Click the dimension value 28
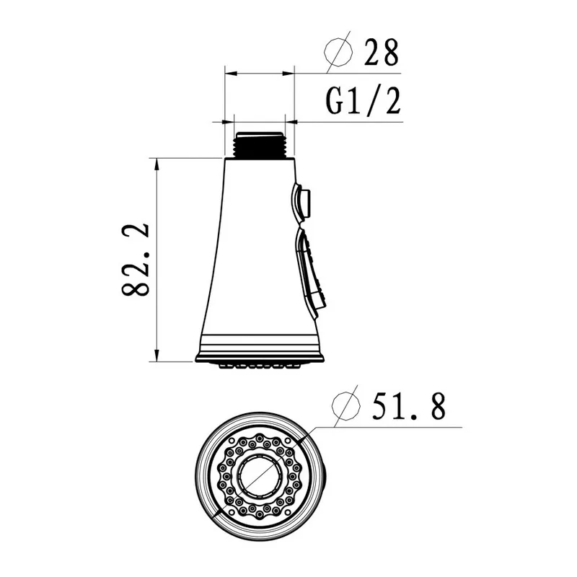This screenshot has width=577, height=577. (379, 53)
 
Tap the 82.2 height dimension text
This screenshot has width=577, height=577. (136, 260)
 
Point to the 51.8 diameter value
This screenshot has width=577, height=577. (408, 408)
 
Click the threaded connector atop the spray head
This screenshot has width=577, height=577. (261, 144)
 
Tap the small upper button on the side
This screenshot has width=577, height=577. (303, 201)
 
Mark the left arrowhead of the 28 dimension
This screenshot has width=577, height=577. (229, 72)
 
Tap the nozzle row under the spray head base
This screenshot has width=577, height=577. (260, 366)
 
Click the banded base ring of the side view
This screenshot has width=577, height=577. (260, 346)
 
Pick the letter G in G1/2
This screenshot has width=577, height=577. (338, 102)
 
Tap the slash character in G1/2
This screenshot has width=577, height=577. (373, 102)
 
